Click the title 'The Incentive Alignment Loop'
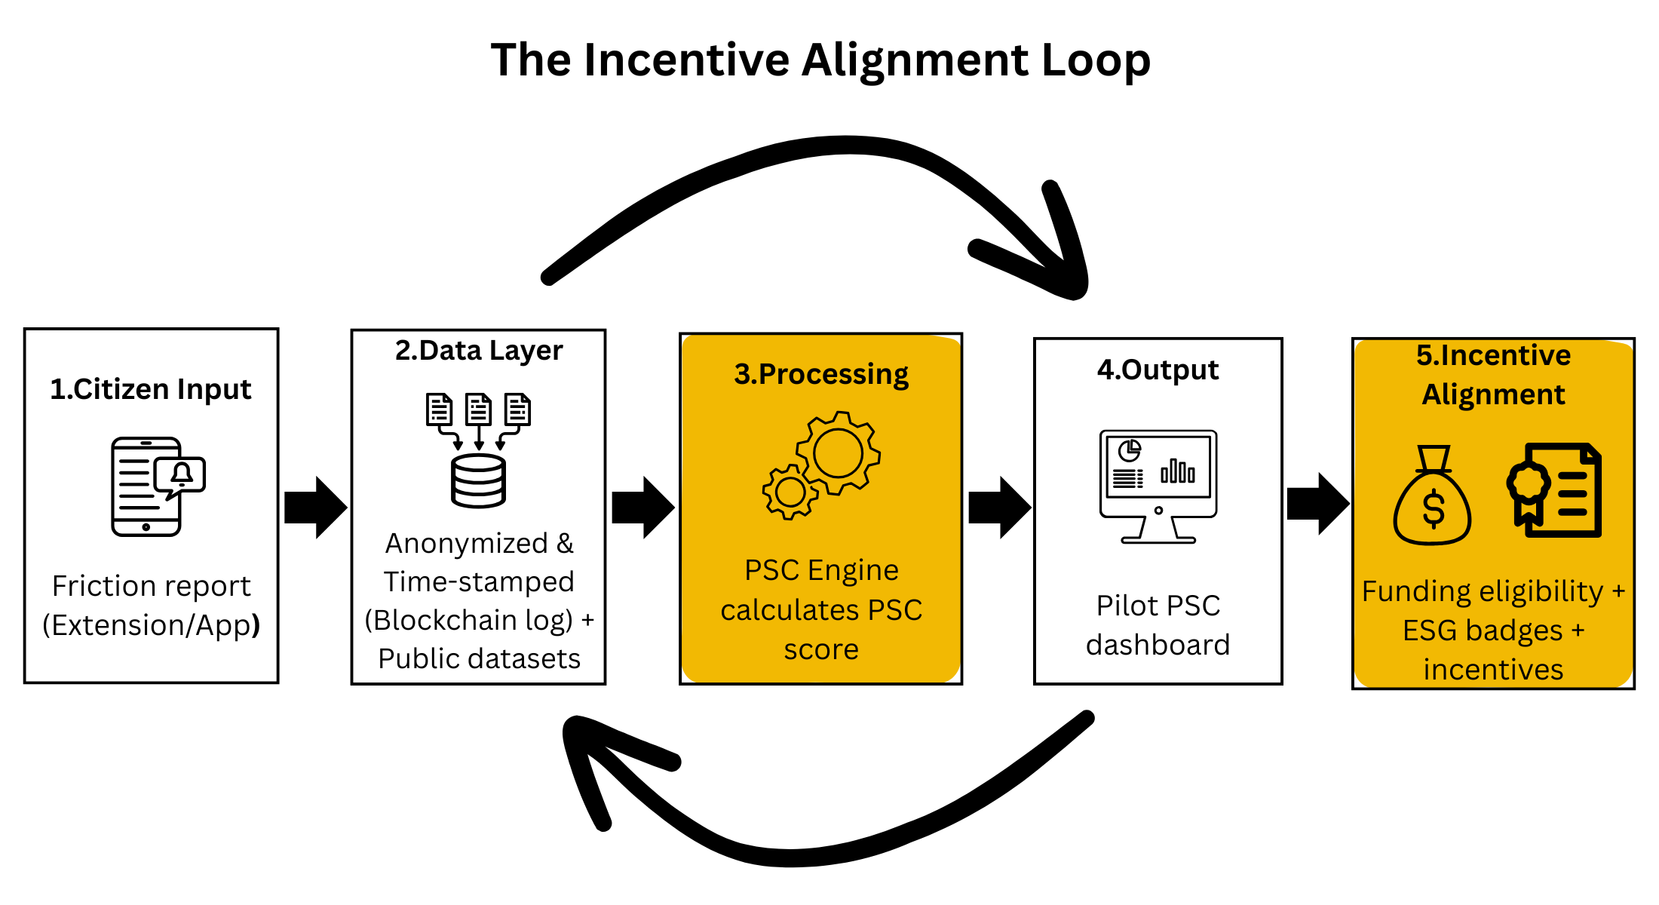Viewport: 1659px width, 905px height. pos(820,60)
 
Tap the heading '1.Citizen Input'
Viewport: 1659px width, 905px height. pos(151,389)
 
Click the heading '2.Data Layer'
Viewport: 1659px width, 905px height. pos(479,351)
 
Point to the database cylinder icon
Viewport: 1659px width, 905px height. pos(478,480)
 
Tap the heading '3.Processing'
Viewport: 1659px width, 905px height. pos(821,374)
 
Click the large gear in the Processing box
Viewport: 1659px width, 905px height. pos(838,452)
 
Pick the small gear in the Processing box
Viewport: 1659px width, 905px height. pos(790,492)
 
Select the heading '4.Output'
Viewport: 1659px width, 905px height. pos(1158,370)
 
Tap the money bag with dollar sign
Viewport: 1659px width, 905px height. pos(1432,495)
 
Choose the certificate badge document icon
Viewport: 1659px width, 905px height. pos(1554,490)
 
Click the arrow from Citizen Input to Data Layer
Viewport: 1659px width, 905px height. pos(316,508)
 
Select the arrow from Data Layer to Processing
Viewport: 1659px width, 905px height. pos(643,508)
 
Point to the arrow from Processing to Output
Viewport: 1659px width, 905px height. pos(1000,508)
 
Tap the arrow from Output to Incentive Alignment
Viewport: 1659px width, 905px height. pos(1318,504)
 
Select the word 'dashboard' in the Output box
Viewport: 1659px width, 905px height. pos(1158,645)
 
